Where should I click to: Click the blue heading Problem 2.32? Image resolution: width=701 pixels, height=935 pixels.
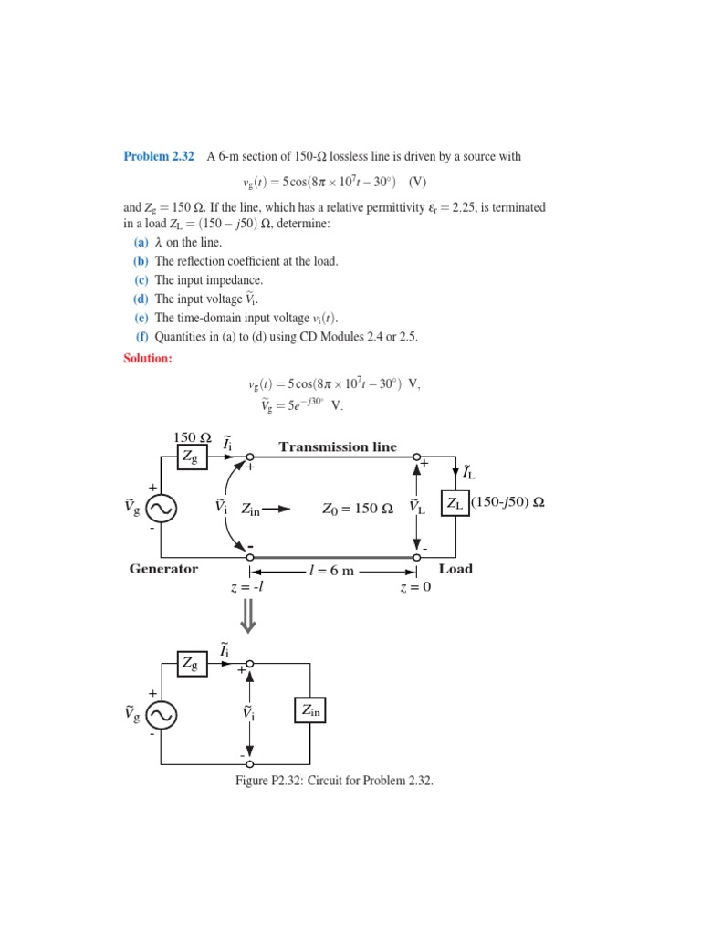[x=159, y=157]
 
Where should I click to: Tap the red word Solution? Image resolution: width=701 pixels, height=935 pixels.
[x=148, y=359]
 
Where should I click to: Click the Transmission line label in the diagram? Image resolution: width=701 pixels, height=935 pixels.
[x=338, y=447]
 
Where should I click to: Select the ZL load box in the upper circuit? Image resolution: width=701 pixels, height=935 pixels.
[x=455, y=503]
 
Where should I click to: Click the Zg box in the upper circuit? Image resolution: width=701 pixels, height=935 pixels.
[x=192, y=457]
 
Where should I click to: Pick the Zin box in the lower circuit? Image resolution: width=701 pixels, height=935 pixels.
[x=309, y=710]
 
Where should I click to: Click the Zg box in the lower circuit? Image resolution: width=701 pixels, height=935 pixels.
[x=192, y=664]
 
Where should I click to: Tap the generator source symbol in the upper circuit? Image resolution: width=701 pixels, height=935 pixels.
[x=161, y=508]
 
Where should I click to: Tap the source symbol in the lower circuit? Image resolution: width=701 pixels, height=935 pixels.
[x=161, y=716]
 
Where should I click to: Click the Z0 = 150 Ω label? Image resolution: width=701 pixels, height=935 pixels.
[x=358, y=509]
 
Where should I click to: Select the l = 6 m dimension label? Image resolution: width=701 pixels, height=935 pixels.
[x=331, y=572]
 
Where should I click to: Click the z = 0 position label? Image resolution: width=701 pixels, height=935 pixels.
[x=415, y=587]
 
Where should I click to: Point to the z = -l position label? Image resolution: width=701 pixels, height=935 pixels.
[x=247, y=587]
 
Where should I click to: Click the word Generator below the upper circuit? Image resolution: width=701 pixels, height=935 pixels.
[x=163, y=569]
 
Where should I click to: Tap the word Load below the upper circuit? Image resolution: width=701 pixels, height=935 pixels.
[x=455, y=569]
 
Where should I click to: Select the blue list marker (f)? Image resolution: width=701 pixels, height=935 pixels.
[x=141, y=337]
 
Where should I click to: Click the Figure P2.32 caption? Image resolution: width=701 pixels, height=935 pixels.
[x=334, y=783]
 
